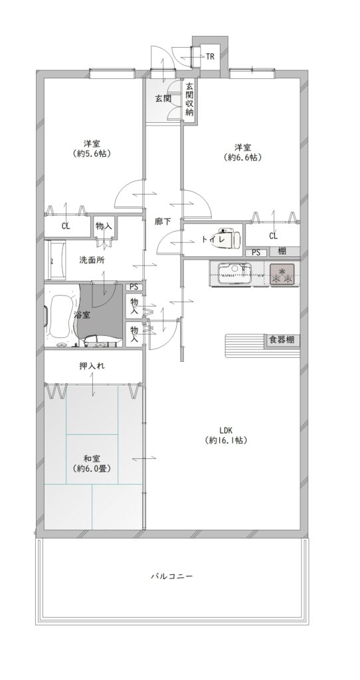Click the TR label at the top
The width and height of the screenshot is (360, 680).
(x=210, y=56)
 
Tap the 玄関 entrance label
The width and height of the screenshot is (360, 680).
(x=163, y=98)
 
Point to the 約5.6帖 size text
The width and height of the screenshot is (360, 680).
(x=92, y=153)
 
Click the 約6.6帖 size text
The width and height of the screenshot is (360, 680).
(x=243, y=157)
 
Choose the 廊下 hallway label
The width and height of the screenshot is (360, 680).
(x=163, y=221)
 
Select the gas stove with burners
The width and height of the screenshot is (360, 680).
(x=282, y=274)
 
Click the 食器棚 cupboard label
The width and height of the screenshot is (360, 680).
(x=283, y=340)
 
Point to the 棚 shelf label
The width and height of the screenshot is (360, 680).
(x=282, y=251)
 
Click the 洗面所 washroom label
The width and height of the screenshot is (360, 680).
(x=91, y=260)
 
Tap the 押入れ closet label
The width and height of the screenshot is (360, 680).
(x=92, y=366)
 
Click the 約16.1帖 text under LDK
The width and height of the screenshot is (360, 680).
(x=226, y=441)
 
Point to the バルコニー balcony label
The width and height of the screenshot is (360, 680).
(x=171, y=576)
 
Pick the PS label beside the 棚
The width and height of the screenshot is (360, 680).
(x=256, y=252)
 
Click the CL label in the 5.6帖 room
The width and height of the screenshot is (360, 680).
(x=66, y=226)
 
